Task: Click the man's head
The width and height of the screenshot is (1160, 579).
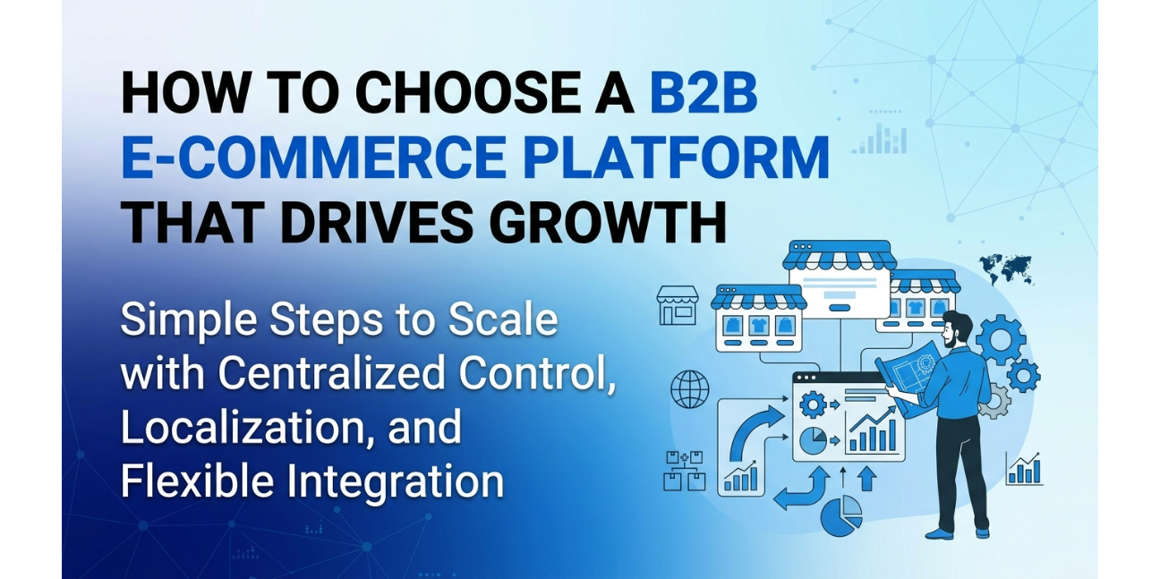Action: pos(958,328)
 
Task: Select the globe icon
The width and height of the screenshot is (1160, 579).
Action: pos(689,389)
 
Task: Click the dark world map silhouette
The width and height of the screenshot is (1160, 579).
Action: pos(1005,266)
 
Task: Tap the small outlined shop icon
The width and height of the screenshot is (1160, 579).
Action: pos(677,305)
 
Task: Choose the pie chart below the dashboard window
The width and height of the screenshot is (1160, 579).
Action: pos(841,516)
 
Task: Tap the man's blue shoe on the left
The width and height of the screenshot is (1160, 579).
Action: pos(939,533)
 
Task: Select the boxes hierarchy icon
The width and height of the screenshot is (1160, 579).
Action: pos(685,471)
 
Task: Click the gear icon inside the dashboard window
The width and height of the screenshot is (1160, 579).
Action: pos(812,405)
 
